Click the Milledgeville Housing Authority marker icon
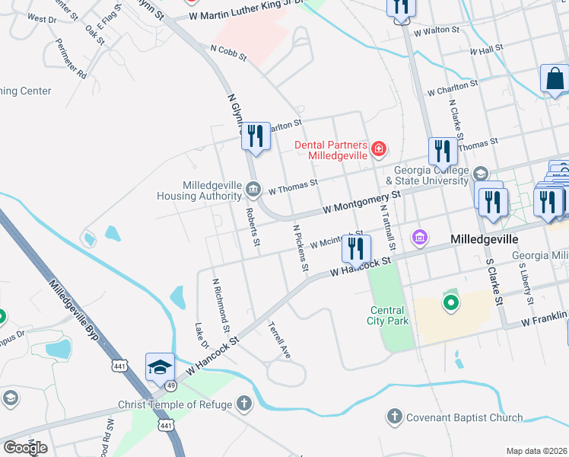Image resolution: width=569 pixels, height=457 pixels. (x=253, y=188)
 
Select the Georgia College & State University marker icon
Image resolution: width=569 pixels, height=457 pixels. (x=479, y=174)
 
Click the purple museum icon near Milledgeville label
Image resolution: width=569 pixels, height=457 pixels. (x=418, y=238)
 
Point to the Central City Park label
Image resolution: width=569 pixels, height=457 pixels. (x=389, y=315)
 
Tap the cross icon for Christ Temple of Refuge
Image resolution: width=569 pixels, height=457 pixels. (x=243, y=404)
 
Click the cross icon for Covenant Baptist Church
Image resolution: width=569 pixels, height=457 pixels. (x=394, y=417)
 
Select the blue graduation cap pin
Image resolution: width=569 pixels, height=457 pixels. (x=161, y=367)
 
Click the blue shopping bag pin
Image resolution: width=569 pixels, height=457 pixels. (x=555, y=78)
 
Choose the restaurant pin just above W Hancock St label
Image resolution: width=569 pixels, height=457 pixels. (x=355, y=248)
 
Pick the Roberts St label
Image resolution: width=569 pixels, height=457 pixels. (x=253, y=227)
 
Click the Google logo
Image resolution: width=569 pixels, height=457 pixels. (x=25, y=447)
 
